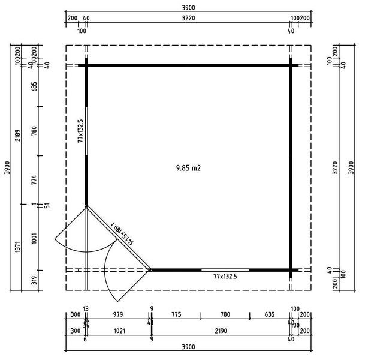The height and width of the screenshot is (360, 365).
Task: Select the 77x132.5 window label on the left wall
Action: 80,130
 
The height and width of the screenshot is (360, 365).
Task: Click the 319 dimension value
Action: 34,279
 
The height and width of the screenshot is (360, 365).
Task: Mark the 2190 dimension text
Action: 221,331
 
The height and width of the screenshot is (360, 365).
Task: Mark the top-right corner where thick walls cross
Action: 292,65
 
